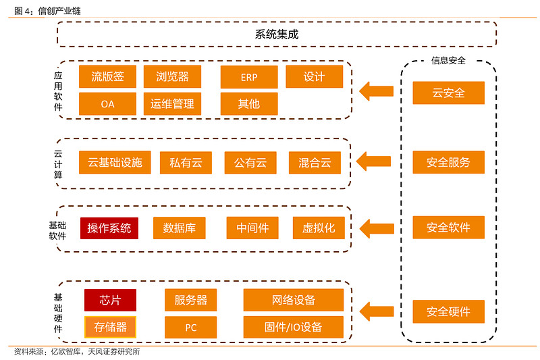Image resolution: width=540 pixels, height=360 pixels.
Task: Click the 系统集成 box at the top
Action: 277,34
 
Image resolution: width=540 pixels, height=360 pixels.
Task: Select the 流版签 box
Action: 107,76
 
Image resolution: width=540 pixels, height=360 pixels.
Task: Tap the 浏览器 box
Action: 172,76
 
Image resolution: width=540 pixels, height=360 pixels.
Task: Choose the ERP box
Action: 249,77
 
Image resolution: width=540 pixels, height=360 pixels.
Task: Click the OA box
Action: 107,104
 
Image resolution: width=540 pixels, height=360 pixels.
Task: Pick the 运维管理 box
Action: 172,104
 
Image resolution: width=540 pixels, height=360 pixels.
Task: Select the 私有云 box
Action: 186,163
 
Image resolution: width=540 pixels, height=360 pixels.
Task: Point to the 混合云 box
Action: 315,163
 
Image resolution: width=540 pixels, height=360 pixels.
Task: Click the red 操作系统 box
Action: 109,228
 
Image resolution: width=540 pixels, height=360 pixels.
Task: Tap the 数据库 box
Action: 179,228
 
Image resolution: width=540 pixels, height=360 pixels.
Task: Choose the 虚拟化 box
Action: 319,228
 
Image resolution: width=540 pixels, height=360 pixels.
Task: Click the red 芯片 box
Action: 110,300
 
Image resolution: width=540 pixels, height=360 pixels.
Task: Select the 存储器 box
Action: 110,327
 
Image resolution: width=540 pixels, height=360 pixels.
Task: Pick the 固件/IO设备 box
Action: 293,327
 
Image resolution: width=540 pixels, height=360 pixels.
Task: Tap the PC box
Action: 191,328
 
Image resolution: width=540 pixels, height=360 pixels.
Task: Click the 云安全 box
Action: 448,93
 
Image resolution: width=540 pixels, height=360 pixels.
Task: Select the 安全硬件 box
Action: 448,311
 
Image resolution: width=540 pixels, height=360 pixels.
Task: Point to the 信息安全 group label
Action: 448,60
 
